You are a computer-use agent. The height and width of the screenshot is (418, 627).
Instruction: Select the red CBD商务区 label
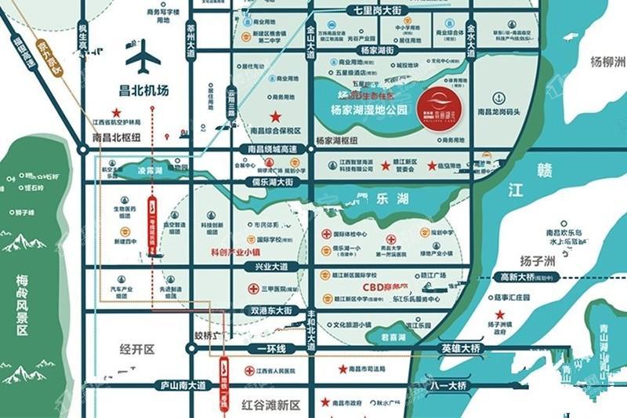(386, 288)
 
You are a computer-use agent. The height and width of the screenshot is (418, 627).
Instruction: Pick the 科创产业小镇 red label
(235, 253)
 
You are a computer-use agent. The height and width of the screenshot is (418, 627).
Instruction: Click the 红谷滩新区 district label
(271, 405)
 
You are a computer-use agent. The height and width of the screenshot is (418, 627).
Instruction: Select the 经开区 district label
(134, 348)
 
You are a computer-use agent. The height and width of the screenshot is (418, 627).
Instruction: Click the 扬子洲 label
(538, 260)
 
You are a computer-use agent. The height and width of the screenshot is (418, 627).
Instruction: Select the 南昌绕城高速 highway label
(272, 149)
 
